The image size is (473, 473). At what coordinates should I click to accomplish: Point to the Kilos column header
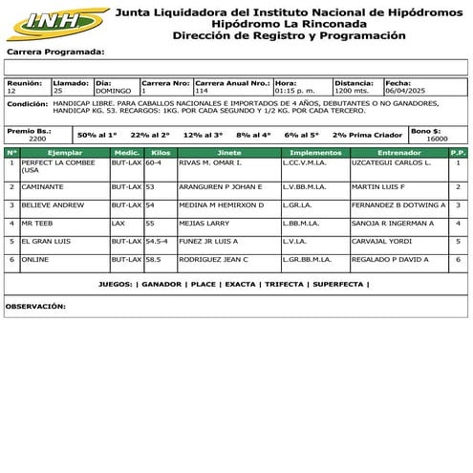click(x=161, y=153)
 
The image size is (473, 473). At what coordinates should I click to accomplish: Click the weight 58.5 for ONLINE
click(x=153, y=259)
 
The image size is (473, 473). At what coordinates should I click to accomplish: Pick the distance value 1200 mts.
click(x=352, y=90)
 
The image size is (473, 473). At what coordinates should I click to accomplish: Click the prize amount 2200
click(x=37, y=139)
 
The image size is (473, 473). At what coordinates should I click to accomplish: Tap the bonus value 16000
click(x=437, y=139)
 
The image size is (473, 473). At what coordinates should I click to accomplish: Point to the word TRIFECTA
click(x=284, y=284)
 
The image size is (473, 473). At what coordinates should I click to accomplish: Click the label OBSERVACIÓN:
click(x=35, y=306)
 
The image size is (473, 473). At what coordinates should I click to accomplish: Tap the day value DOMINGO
click(x=115, y=90)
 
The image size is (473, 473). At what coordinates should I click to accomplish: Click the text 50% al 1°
click(x=98, y=135)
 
